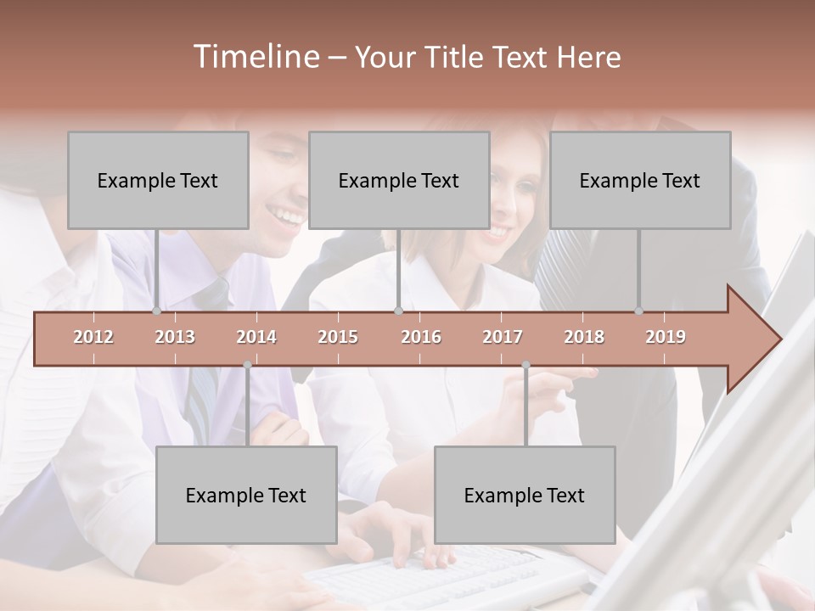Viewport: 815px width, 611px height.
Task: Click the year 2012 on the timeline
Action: [93, 337]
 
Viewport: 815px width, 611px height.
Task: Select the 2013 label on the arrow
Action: [175, 337]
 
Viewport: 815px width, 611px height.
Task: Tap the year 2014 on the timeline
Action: [256, 337]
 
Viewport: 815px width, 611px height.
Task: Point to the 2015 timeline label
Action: [338, 337]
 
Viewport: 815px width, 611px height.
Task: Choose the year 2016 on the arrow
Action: [421, 337]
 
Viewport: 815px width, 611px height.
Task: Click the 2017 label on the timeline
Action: [503, 337]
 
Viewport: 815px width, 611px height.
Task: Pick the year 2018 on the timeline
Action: [584, 337]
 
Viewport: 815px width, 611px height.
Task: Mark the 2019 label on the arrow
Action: [666, 337]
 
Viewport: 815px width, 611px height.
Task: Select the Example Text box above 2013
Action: [158, 180]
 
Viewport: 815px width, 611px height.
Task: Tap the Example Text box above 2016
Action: [399, 180]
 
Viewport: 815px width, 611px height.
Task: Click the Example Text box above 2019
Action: [640, 180]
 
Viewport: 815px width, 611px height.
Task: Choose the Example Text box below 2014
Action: [246, 495]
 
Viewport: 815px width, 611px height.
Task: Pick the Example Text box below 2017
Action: [525, 495]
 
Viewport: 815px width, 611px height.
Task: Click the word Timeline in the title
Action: [255, 57]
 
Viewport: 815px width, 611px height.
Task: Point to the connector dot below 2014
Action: [247, 365]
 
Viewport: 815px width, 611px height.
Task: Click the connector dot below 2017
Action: [526, 365]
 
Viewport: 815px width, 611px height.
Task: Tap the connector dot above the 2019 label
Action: [638, 311]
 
